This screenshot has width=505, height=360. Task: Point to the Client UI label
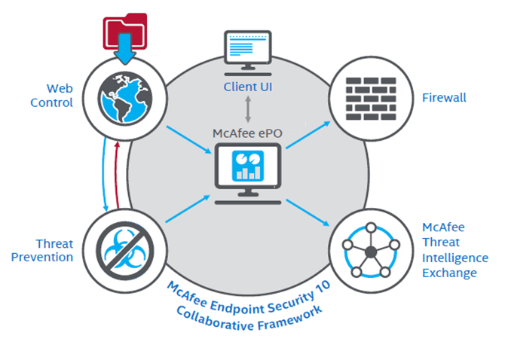(248, 87)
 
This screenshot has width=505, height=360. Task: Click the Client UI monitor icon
(247, 53)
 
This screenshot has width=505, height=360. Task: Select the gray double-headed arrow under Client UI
(248, 109)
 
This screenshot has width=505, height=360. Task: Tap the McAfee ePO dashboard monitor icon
(248, 169)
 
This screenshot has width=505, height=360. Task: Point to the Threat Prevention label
(54, 251)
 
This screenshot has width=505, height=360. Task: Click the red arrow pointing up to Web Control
(115, 174)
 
